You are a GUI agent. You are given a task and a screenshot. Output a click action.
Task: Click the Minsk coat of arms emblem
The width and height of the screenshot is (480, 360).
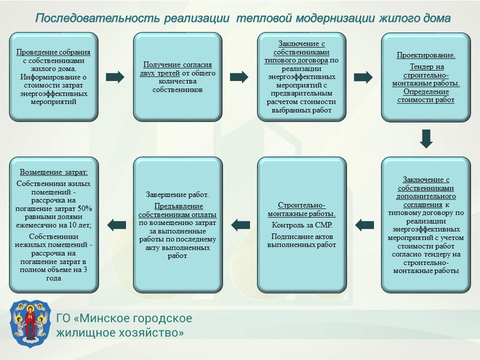[x=30, y=324]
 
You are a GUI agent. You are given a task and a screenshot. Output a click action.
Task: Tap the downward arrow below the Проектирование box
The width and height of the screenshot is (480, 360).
[x=426, y=138]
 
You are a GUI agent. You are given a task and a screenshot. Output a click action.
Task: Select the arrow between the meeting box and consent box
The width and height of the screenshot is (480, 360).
[x=115, y=77]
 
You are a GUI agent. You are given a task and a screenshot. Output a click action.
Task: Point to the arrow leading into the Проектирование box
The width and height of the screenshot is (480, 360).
[x=363, y=77]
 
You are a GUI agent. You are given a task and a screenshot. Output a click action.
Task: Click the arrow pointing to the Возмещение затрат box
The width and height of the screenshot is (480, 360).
[x=116, y=225]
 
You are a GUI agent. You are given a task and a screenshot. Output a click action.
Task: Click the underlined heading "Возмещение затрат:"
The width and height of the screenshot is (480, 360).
[x=53, y=172]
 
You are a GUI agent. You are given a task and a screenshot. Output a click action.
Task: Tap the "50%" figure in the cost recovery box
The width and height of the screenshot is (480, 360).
[x=85, y=208]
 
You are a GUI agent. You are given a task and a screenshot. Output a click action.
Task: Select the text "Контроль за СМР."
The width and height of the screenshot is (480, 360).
[x=302, y=225]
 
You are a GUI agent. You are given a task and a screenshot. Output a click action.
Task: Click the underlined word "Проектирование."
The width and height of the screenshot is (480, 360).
[x=426, y=55]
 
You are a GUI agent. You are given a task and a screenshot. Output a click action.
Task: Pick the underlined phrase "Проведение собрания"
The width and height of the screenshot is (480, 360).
[x=53, y=52]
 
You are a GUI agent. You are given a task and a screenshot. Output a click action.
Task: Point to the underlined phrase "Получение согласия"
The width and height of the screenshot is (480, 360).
[x=177, y=64]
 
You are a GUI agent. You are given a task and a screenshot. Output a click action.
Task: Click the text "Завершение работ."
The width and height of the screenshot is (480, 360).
[x=177, y=194]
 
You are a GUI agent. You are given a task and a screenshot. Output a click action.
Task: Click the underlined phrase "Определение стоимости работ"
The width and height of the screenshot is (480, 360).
[x=426, y=96]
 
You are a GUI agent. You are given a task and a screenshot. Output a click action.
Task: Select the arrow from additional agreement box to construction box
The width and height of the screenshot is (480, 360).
[x=364, y=225]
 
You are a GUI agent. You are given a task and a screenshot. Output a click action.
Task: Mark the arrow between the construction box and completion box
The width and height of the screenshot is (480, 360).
[x=240, y=225]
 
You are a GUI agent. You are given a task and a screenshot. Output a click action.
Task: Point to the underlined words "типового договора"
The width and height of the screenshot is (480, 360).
[x=296, y=60]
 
